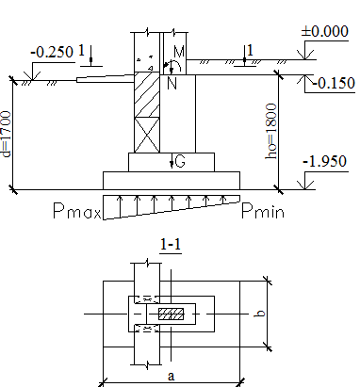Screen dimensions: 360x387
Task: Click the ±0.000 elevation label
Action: click(325, 31)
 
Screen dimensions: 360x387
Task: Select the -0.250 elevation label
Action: click(52, 52)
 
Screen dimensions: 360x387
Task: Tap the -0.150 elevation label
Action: click(334, 83)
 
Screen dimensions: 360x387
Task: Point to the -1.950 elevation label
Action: click(325, 161)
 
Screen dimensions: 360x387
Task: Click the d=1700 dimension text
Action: click(7, 134)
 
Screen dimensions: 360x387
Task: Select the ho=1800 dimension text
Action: click(271, 131)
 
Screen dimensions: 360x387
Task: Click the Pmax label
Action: click(77, 211)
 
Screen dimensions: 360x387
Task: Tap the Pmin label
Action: click(263, 211)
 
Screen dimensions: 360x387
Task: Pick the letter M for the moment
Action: click(179, 52)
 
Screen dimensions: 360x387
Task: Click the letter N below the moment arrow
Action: click(172, 84)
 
